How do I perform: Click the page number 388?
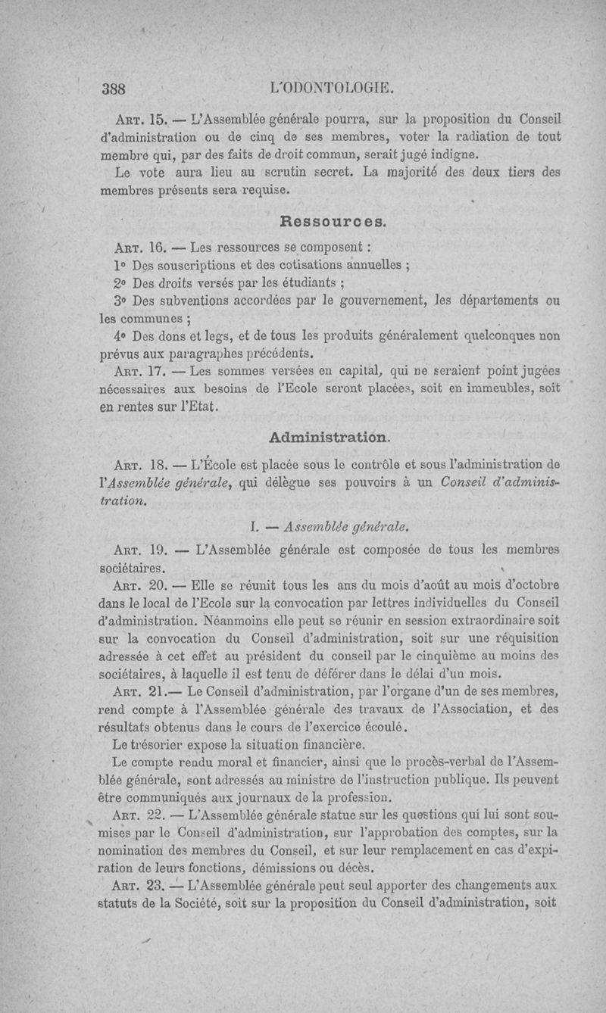(114, 86)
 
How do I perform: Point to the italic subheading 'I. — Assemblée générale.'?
(333, 524)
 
